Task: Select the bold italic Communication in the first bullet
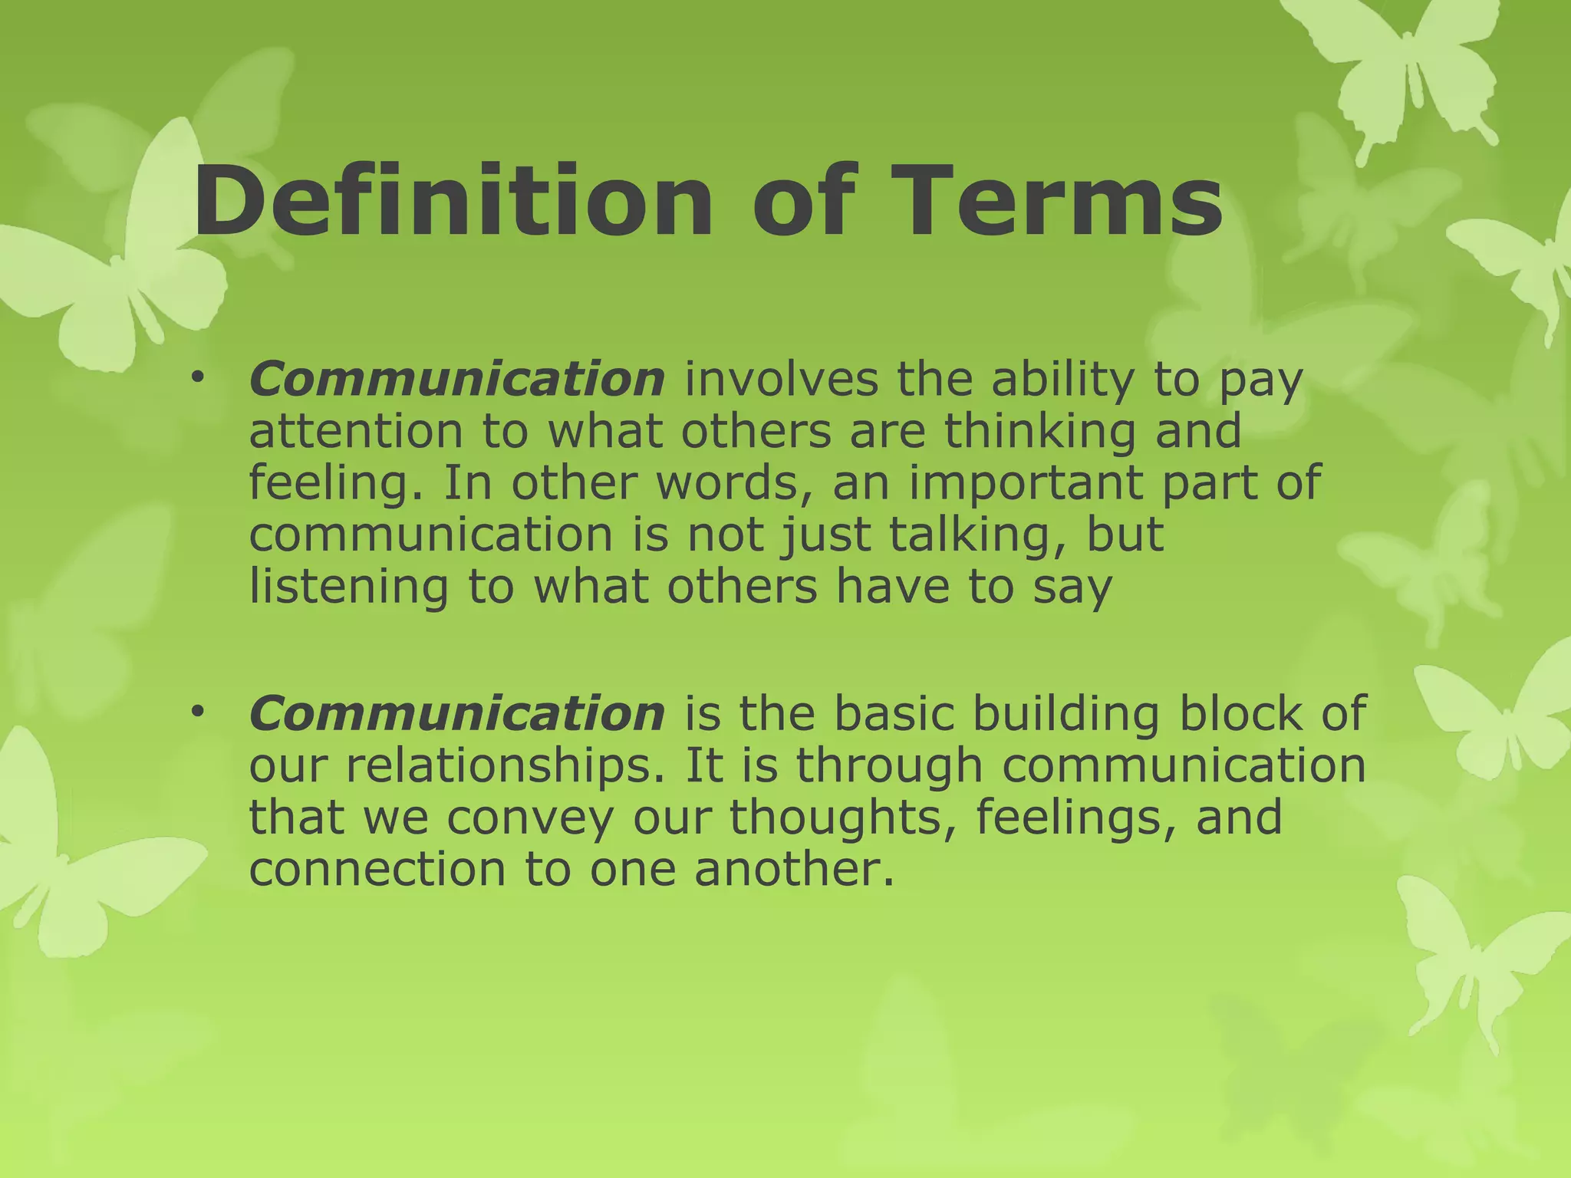click(457, 380)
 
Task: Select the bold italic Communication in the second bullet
click(457, 713)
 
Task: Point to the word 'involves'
click(780, 380)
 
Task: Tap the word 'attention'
click(356, 431)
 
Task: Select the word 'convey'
click(531, 818)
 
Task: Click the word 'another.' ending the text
click(795, 869)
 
